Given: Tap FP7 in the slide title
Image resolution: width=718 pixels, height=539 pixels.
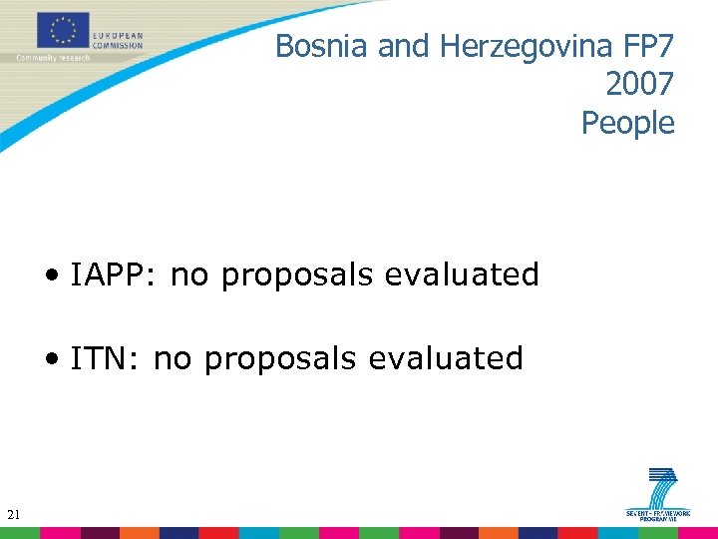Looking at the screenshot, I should tap(647, 46).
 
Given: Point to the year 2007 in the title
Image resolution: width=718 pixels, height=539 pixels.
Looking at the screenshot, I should tap(638, 85).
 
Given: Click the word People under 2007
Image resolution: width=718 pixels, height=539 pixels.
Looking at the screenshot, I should tap(627, 124).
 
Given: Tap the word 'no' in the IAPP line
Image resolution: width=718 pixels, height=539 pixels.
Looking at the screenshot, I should tap(190, 275).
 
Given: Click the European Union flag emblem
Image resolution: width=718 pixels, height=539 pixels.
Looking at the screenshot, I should tap(63, 31).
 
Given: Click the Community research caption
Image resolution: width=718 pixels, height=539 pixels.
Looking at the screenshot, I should tap(53, 58).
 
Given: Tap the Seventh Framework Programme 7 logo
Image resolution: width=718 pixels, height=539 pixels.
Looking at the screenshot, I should tap(658, 495).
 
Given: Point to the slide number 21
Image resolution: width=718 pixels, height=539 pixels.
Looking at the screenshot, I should tap(13, 515).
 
